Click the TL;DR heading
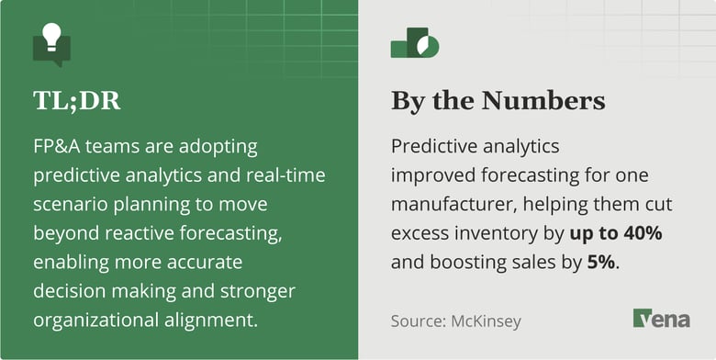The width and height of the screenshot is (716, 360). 76,100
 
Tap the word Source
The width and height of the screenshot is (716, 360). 418,321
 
